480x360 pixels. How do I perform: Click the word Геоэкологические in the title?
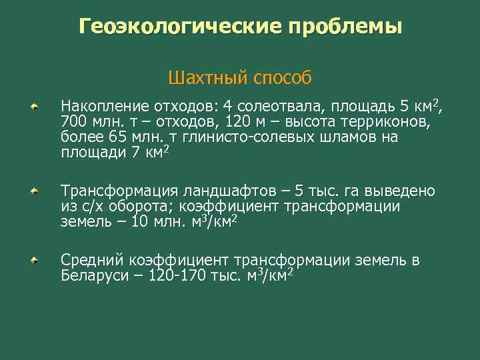(x=180, y=27)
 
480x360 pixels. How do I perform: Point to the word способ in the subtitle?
(x=283, y=78)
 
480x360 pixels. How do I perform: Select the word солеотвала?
(x=273, y=107)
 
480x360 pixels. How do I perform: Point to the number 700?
(x=73, y=123)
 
